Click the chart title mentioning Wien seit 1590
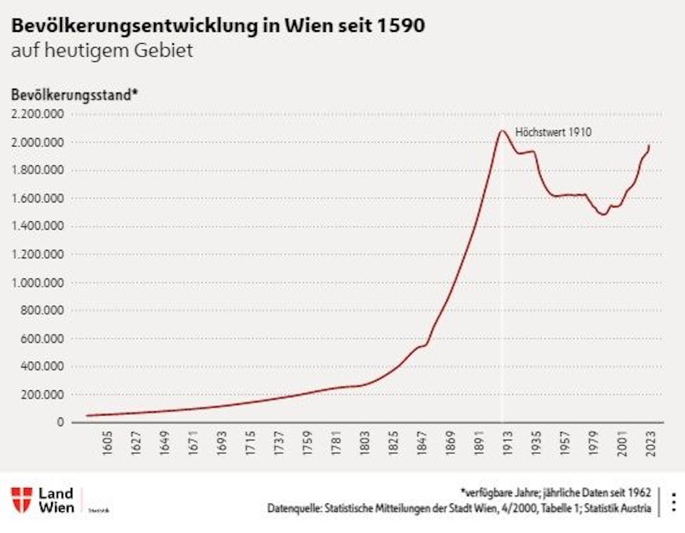pyautogui.click(x=218, y=26)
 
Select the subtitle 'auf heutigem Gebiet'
pyautogui.click(x=102, y=51)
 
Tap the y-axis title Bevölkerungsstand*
pyautogui.click(x=74, y=95)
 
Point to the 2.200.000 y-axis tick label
pyautogui.click(x=37, y=114)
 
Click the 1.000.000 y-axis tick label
pyautogui.click(x=37, y=282)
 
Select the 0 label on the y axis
pyautogui.click(x=60, y=422)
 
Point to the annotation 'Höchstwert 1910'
pyautogui.click(x=553, y=132)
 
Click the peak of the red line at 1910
pyautogui.click(x=502, y=131)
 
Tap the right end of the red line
pyautogui.click(x=649, y=145)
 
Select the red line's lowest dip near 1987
pyautogui.click(x=603, y=214)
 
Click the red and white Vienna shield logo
pyautogui.click(x=22, y=499)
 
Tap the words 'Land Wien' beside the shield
pyautogui.click(x=56, y=499)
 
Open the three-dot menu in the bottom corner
pyautogui.click(x=674, y=502)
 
